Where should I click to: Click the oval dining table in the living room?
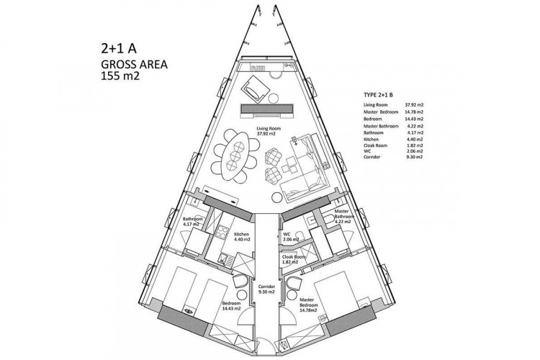(235, 155)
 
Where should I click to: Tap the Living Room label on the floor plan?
(268, 131)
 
